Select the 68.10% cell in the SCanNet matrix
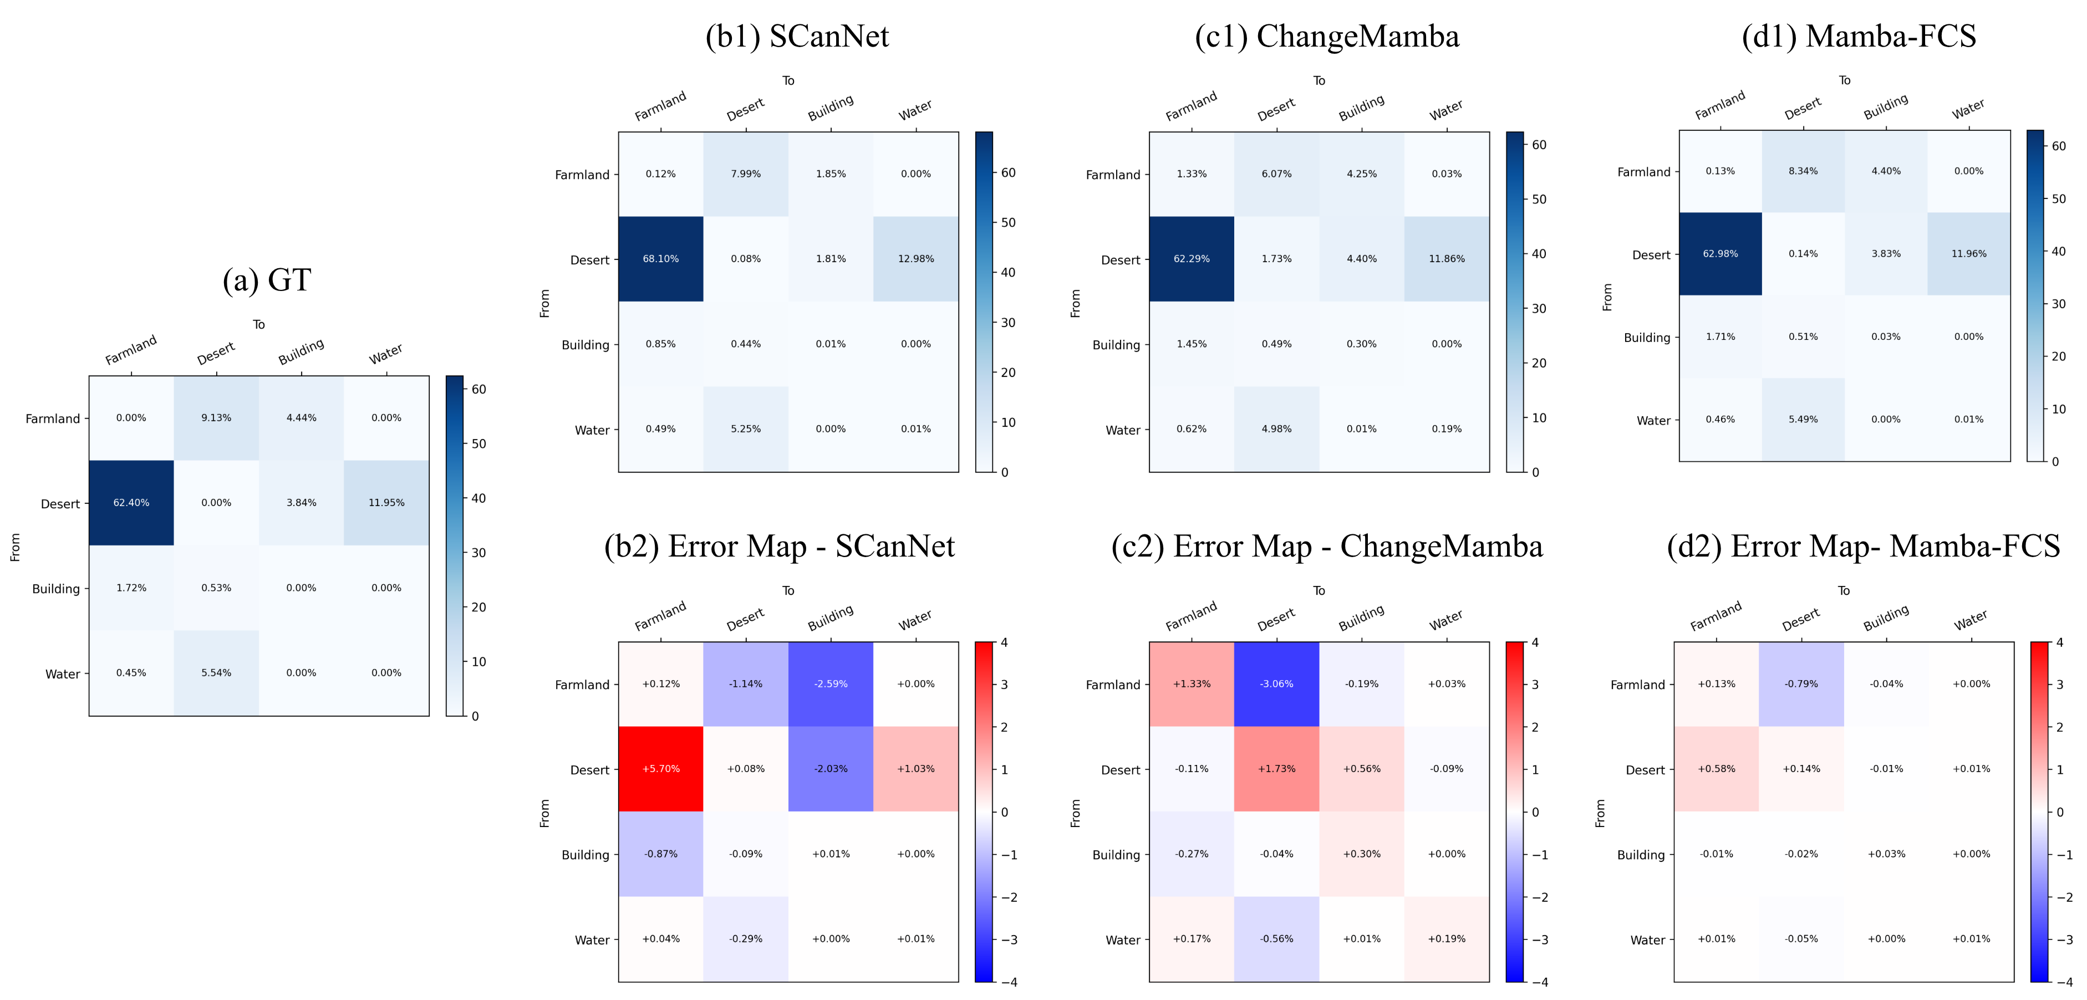click(x=660, y=259)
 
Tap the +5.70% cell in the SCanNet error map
click(x=660, y=768)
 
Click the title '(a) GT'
click(x=267, y=280)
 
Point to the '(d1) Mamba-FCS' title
click(x=1859, y=37)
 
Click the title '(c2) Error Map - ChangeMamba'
click(x=1326, y=547)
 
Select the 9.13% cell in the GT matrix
click(x=216, y=418)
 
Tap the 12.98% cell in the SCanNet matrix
click(x=915, y=259)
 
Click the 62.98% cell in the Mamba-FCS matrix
click(x=1720, y=253)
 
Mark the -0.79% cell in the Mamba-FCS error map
click(x=1801, y=683)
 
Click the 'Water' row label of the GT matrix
click(x=63, y=674)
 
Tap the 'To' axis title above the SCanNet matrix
click(x=788, y=81)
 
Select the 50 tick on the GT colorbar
click(x=479, y=443)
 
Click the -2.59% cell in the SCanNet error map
click(x=831, y=683)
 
